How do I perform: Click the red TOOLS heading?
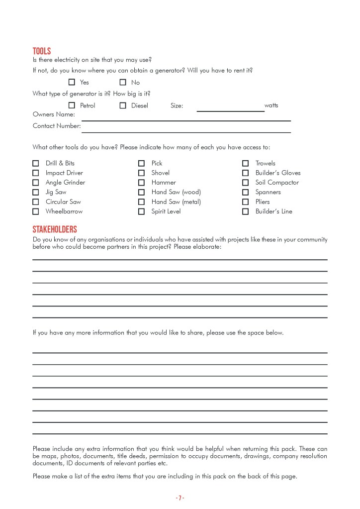point(42,51)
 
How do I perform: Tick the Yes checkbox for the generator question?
point(72,82)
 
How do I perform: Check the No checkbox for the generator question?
point(123,82)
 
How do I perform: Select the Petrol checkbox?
point(72,105)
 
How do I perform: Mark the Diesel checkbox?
point(123,105)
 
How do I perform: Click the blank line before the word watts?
point(230,109)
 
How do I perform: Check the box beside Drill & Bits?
point(36,163)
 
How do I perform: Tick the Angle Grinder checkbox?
point(36,183)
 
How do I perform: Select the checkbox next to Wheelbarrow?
point(36,211)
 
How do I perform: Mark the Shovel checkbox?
point(142,173)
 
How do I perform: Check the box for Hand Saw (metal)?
point(142,202)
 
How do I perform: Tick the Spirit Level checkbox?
point(142,211)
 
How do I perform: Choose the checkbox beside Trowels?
point(246,163)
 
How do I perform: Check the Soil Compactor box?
point(246,183)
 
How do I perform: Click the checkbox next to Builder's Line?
point(246,211)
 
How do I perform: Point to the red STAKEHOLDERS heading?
point(55,229)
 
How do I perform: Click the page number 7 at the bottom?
point(180,498)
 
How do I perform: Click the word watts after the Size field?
point(271,105)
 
